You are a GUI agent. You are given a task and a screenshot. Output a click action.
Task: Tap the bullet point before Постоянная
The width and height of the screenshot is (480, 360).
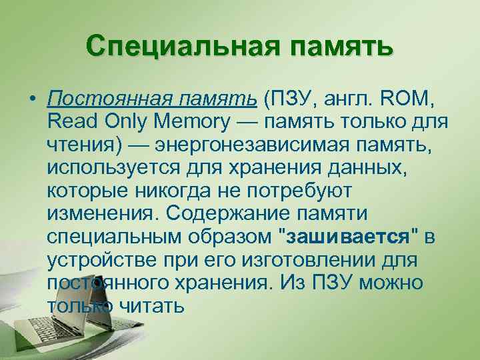pyautogui.click(x=32, y=101)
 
